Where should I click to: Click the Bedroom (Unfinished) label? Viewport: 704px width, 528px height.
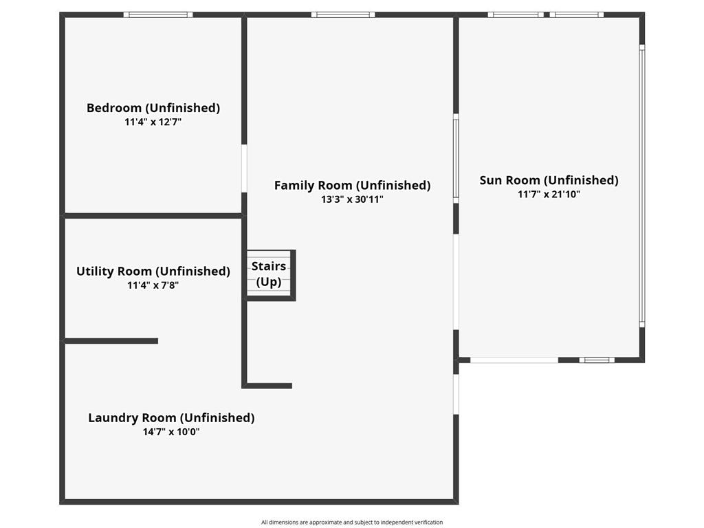pyautogui.click(x=153, y=108)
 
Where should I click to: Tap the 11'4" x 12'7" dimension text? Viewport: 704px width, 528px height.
pyautogui.click(x=153, y=122)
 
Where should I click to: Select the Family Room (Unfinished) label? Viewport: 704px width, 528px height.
pyautogui.click(x=353, y=186)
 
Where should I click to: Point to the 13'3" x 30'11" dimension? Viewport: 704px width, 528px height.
pyautogui.click(x=353, y=199)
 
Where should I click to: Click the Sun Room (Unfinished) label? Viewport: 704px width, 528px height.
pyautogui.click(x=549, y=181)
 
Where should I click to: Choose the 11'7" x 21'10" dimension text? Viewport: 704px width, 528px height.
pyautogui.click(x=549, y=195)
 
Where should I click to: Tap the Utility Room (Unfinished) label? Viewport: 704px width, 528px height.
pyautogui.click(x=153, y=272)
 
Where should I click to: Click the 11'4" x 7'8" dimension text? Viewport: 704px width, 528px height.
pyautogui.click(x=153, y=285)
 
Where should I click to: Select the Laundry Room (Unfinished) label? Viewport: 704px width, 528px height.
pyautogui.click(x=171, y=418)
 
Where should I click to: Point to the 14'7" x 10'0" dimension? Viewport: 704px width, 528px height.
pyautogui.click(x=171, y=432)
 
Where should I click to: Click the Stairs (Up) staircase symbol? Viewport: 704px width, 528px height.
pyautogui.click(x=269, y=274)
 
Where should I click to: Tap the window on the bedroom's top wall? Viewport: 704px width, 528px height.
pyautogui.click(x=158, y=15)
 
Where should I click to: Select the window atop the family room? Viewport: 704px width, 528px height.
pyautogui.click(x=343, y=15)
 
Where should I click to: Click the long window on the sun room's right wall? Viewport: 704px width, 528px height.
pyautogui.click(x=642, y=186)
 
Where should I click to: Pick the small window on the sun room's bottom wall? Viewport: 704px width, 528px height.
pyautogui.click(x=597, y=360)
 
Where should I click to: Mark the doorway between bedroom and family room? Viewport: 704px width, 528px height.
pyautogui.click(x=244, y=168)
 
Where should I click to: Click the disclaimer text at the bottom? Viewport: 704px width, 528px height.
pyautogui.click(x=352, y=522)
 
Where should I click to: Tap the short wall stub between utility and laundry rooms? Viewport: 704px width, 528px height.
pyautogui.click(x=111, y=341)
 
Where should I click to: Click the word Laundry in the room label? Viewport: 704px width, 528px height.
pyautogui.click(x=115, y=418)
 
